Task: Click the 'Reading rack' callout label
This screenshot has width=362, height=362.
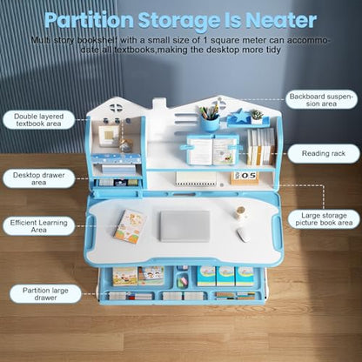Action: click(324, 153)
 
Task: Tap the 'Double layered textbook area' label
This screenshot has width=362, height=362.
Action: click(38, 120)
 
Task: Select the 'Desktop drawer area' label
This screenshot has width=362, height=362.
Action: click(38, 178)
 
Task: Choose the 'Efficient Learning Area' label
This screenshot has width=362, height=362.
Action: click(38, 226)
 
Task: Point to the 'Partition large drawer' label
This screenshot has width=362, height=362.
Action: click(45, 294)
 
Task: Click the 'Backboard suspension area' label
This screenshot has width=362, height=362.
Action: click(321, 100)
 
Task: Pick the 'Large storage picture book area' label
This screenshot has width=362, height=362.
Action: click(324, 219)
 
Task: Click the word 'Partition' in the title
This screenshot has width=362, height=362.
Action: click(89, 21)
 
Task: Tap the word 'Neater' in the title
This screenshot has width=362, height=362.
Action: click(281, 20)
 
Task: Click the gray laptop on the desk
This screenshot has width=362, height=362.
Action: click(184, 226)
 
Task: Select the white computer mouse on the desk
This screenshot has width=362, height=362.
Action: click(243, 235)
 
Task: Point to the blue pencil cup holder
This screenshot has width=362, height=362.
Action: click(210, 124)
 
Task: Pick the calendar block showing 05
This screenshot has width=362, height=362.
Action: click(244, 178)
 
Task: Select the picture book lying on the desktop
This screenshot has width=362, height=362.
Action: click(130, 226)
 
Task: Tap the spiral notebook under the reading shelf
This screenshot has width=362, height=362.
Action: click(196, 178)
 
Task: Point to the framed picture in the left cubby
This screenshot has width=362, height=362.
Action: click(107, 136)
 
